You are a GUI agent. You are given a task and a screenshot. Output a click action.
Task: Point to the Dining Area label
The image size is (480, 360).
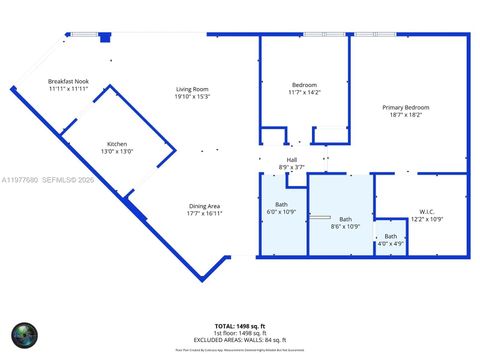coord(204,205)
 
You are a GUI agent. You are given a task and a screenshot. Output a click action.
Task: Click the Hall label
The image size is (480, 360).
coord(292,159)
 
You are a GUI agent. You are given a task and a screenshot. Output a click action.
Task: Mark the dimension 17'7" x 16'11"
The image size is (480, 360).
coord(204,212)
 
